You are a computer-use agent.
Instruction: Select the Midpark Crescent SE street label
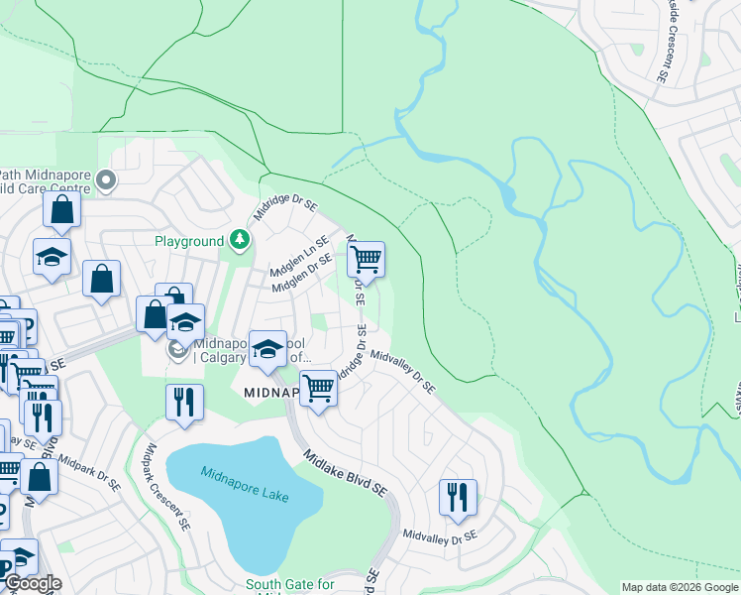(x=165, y=486)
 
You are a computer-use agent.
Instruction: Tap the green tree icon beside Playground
(x=239, y=241)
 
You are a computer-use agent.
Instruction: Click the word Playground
(x=189, y=241)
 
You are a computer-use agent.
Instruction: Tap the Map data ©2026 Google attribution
(x=679, y=587)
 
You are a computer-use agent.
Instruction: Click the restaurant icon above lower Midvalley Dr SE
(x=458, y=497)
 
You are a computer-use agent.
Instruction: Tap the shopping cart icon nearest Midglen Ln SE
(x=367, y=260)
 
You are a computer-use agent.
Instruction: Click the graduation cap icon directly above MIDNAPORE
(x=266, y=348)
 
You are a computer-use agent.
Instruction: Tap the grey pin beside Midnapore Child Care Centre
(x=108, y=180)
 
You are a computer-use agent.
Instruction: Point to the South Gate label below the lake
(x=283, y=585)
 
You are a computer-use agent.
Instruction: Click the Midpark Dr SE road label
(x=89, y=474)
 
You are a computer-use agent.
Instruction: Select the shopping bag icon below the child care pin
(x=62, y=209)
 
